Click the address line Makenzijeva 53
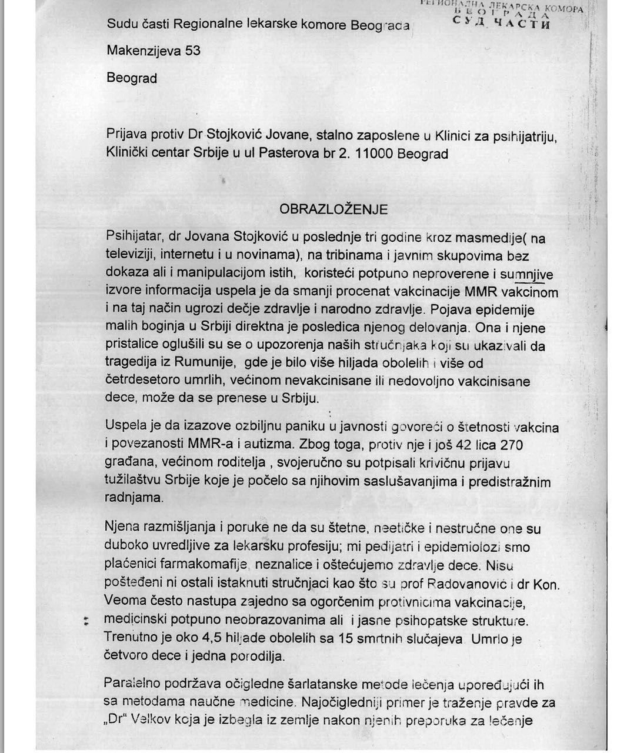[154, 51]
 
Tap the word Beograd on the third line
[132, 78]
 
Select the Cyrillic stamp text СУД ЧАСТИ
[502, 24]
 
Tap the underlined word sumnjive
[529, 274]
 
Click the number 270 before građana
[511, 445]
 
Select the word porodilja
[255, 657]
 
